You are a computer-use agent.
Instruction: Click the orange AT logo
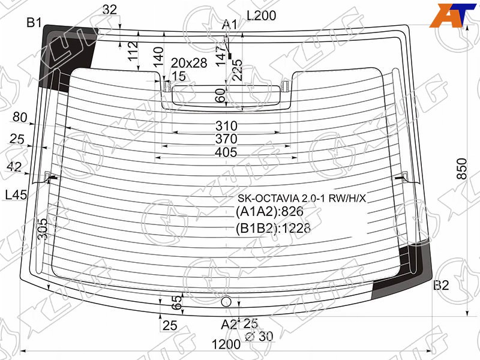click(x=452, y=16)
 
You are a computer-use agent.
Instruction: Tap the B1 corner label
click(x=34, y=22)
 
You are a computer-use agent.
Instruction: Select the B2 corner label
click(x=441, y=286)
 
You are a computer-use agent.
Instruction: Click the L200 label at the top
click(x=262, y=16)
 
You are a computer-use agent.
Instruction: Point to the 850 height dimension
click(x=461, y=169)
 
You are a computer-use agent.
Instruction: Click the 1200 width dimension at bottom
click(x=226, y=344)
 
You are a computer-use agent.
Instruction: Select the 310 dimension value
click(x=226, y=126)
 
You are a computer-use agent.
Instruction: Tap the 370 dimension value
click(x=226, y=139)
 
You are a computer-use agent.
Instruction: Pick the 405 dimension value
click(x=226, y=152)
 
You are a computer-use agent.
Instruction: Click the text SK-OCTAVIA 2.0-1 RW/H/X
click(x=302, y=199)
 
